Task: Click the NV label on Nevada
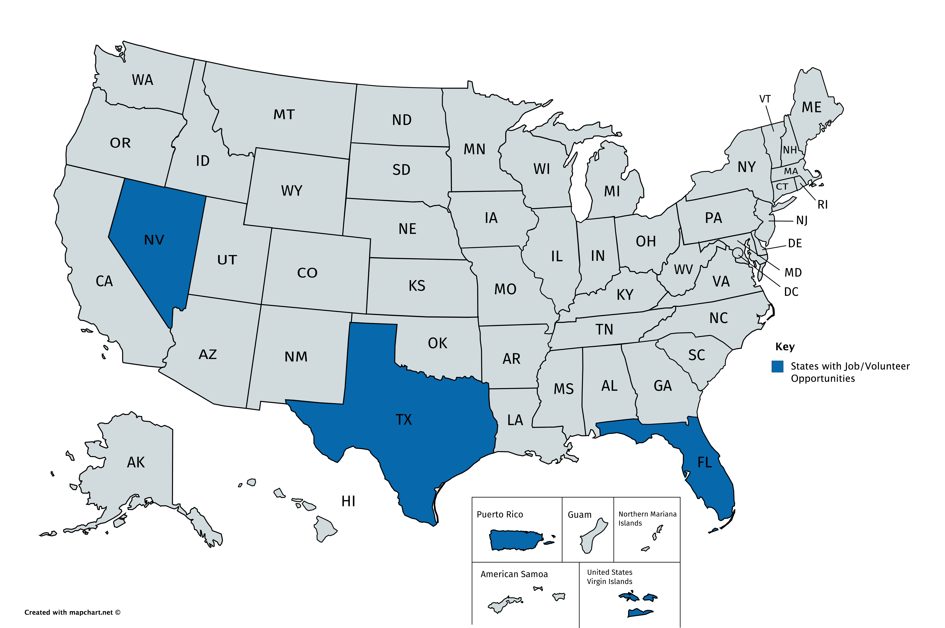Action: (x=154, y=240)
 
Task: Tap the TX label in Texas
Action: (x=403, y=420)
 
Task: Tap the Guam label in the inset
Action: (x=579, y=515)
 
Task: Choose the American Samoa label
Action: (x=514, y=574)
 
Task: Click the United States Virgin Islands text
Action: (x=610, y=577)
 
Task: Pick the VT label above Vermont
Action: (x=765, y=99)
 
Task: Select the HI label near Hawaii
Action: (x=348, y=501)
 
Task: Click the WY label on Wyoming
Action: (x=291, y=191)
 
